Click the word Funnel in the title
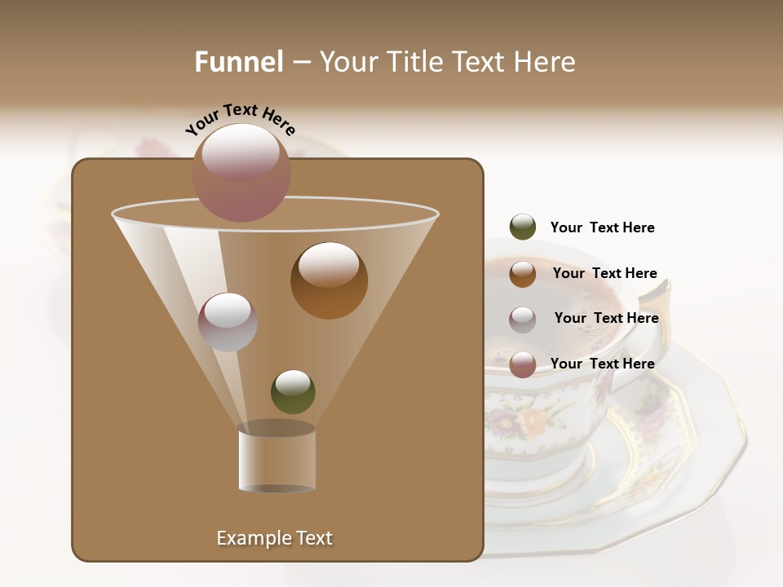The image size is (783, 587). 238,62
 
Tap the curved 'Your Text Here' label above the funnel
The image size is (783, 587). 240,121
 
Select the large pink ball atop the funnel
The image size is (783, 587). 241,173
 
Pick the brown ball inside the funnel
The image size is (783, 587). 329,280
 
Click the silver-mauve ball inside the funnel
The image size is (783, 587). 228,321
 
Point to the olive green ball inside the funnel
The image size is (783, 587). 293,392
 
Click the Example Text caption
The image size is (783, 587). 274,538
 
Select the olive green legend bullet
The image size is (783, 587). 523,227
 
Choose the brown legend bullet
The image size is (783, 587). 523,273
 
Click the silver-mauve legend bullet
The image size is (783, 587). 523,319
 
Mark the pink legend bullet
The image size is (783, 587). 523,364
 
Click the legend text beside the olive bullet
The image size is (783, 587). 602,227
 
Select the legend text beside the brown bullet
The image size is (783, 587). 604,273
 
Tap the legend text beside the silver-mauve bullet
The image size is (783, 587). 606,318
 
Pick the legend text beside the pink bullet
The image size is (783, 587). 602,364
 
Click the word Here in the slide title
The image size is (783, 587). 546,62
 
